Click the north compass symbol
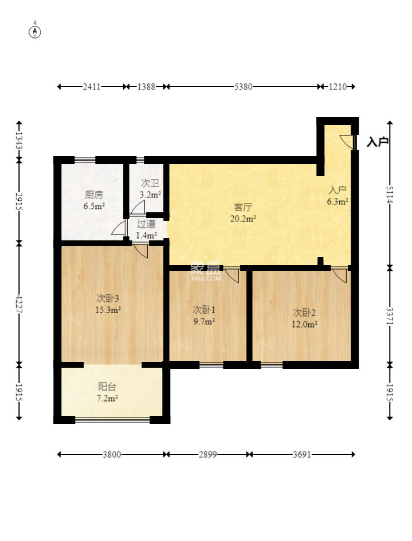(35, 32)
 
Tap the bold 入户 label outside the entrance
(378, 142)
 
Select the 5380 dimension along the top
(243, 87)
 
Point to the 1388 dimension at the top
(146, 87)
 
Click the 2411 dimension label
(92, 87)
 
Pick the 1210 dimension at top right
(338, 87)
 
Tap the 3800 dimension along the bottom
(112, 454)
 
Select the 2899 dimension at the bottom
(208, 454)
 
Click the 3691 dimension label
(302, 454)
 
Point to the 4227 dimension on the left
(19, 304)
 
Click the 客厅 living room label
(243, 207)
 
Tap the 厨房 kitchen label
(94, 195)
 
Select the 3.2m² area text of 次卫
(151, 194)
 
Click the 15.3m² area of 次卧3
(108, 310)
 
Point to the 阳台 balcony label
(107, 387)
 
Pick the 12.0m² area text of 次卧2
(304, 324)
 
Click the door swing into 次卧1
(231, 275)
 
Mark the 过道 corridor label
(146, 224)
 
